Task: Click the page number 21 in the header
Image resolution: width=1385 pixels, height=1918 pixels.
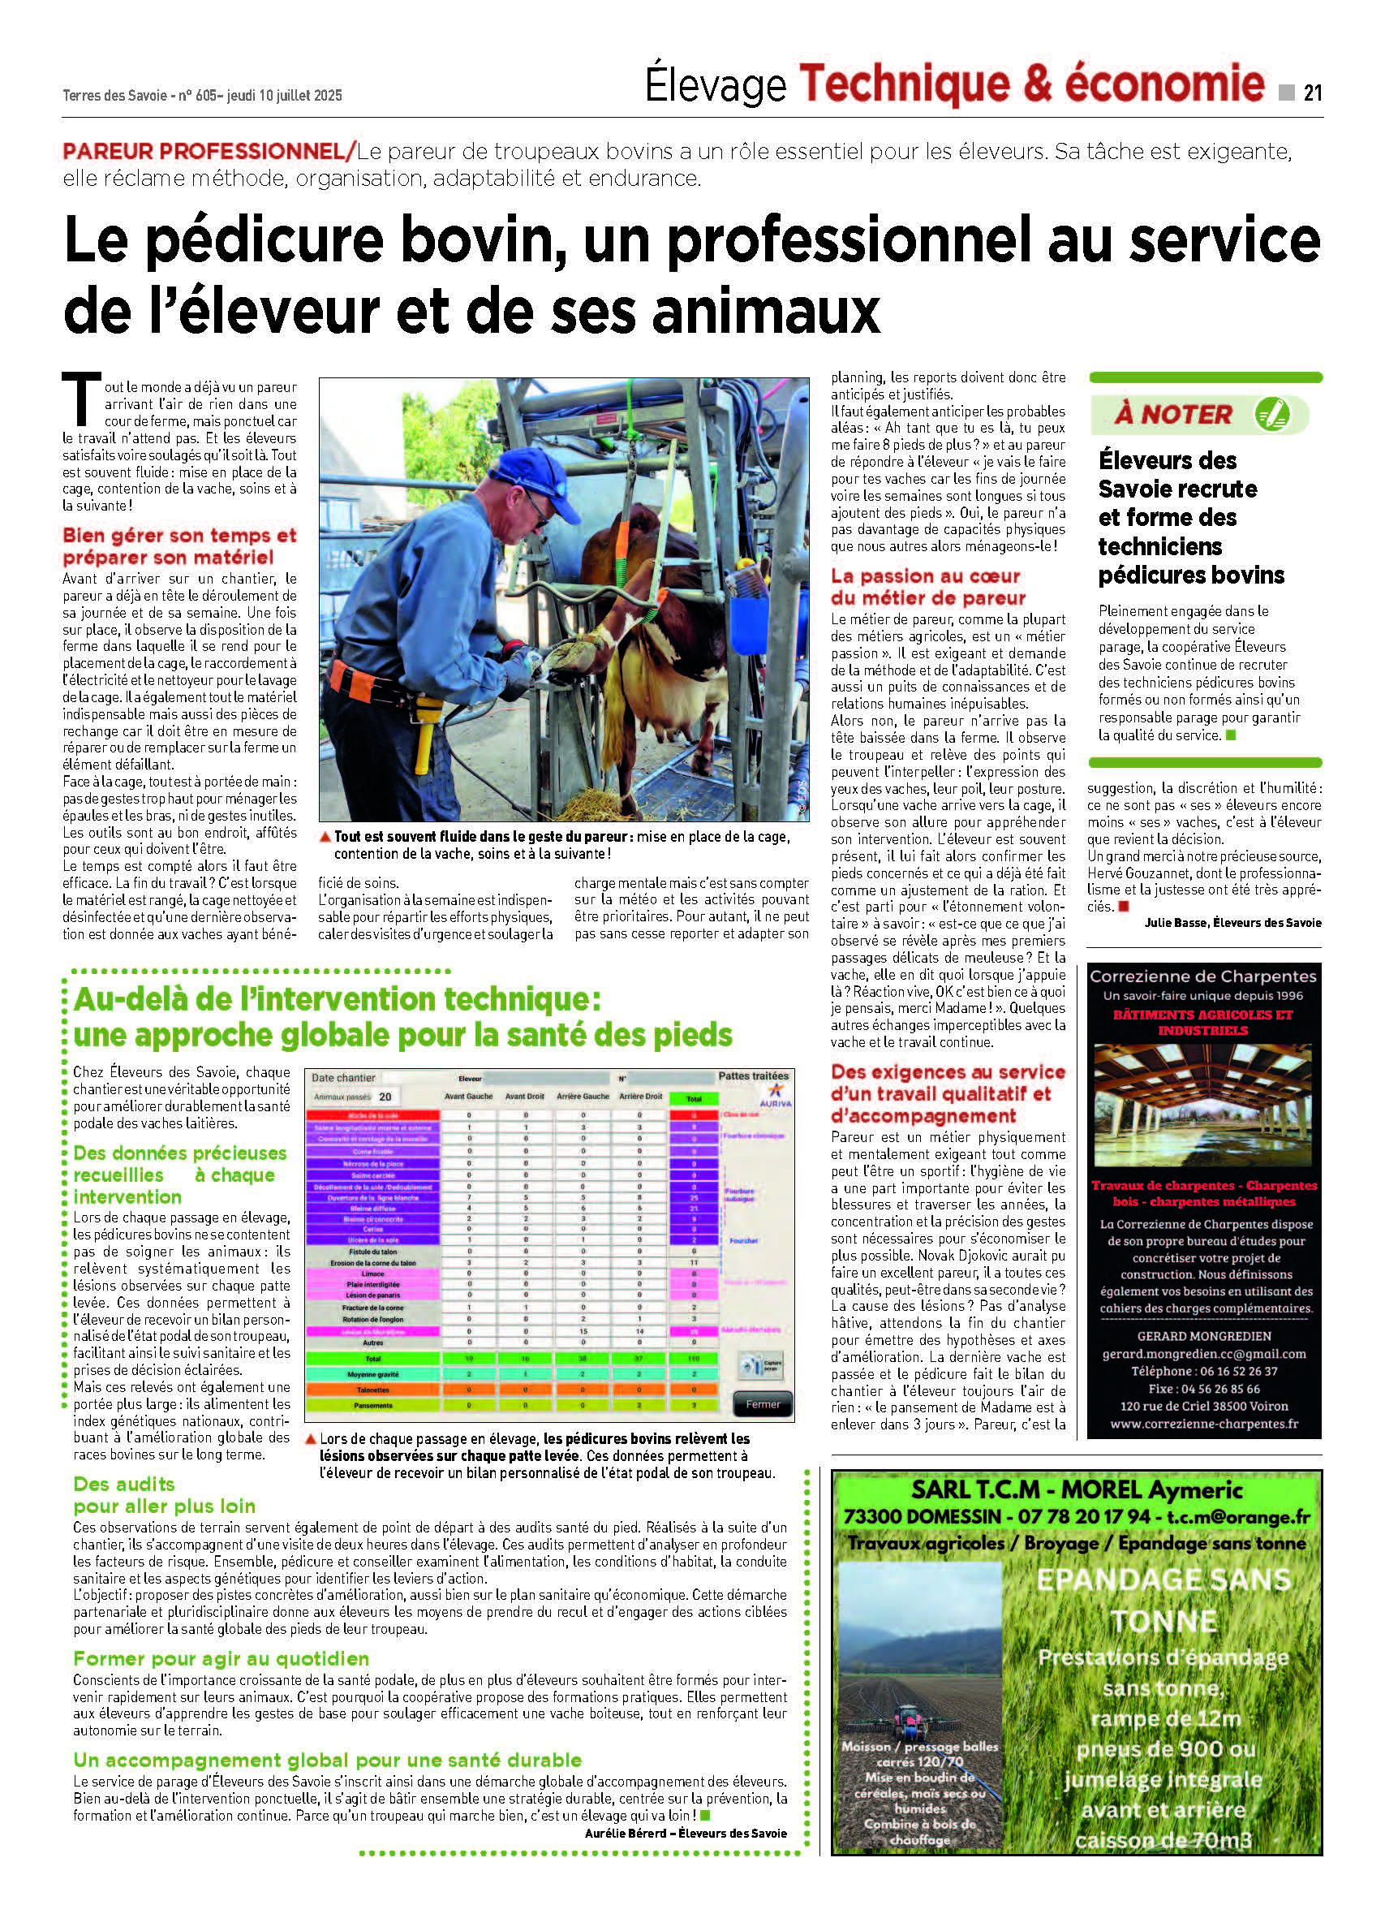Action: click(1311, 93)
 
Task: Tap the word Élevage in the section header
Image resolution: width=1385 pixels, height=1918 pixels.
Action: click(716, 86)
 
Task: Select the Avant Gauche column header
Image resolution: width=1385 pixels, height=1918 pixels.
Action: click(468, 1097)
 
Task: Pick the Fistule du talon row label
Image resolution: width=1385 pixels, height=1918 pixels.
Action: click(373, 1252)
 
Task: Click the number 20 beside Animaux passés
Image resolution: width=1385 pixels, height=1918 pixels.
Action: click(385, 1097)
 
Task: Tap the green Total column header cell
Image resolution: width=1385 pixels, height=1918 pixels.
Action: click(694, 1098)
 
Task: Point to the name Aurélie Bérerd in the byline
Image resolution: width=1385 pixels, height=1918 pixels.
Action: click(622, 1833)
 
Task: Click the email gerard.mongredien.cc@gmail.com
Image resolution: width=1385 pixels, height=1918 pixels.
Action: click(1204, 1354)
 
